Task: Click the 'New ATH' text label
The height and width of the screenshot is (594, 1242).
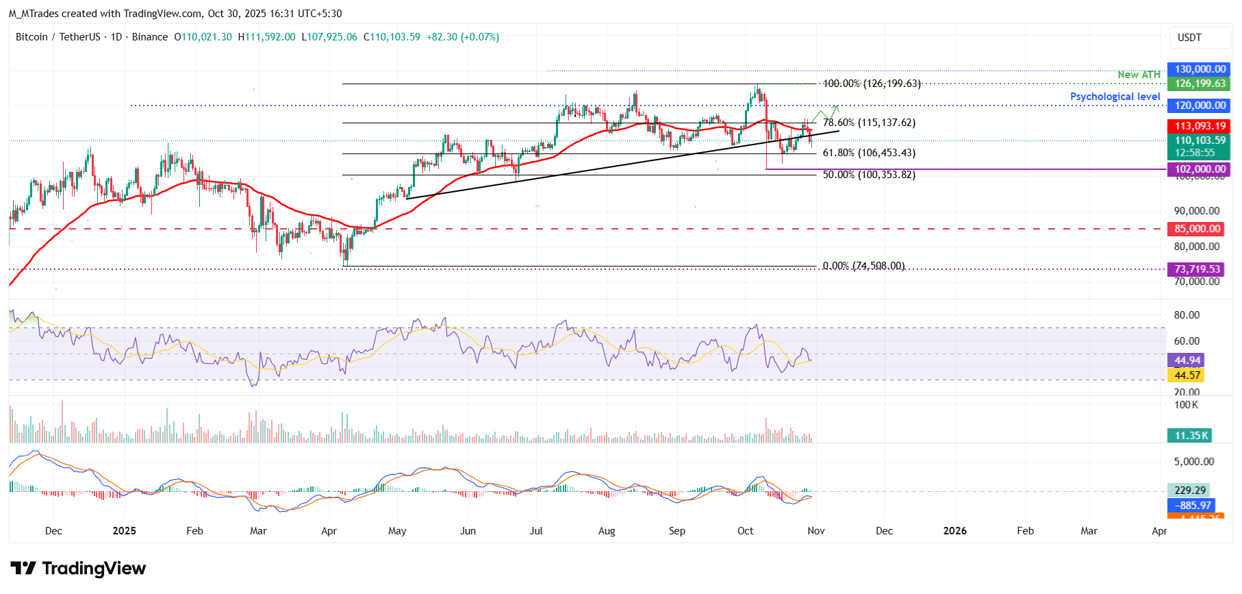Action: pos(1139,75)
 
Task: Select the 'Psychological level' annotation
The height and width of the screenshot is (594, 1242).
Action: pos(1115,97)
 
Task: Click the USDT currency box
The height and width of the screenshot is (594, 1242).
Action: pos(1199,38)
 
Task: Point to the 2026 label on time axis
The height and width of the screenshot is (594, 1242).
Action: pos(954,531)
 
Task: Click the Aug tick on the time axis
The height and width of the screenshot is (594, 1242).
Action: pos(607,531)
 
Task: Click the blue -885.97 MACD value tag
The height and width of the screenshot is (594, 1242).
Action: pos(1192,506)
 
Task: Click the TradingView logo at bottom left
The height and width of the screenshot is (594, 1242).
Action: pos(78,569)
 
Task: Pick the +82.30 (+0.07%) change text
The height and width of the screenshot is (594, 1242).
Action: pos(462,37)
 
